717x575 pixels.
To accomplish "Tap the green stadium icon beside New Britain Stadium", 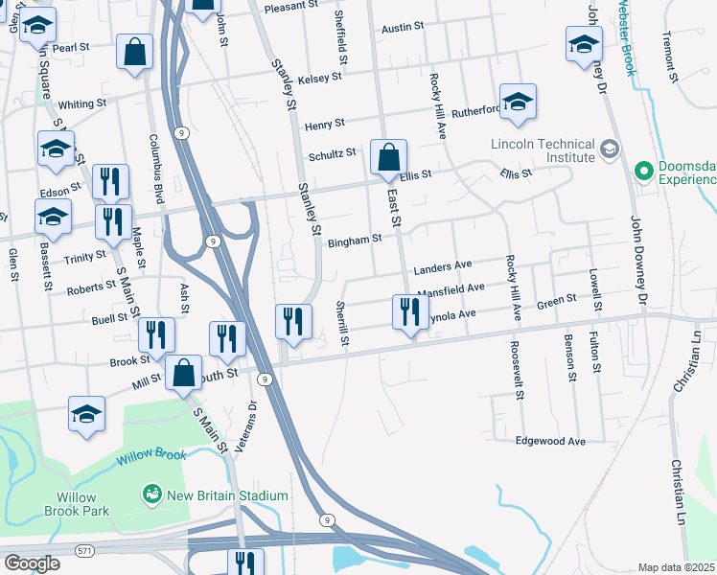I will [151, 494].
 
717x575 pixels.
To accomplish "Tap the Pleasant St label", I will [292, 5].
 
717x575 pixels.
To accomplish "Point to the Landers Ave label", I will [443, 265].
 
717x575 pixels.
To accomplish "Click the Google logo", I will [31, 563].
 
